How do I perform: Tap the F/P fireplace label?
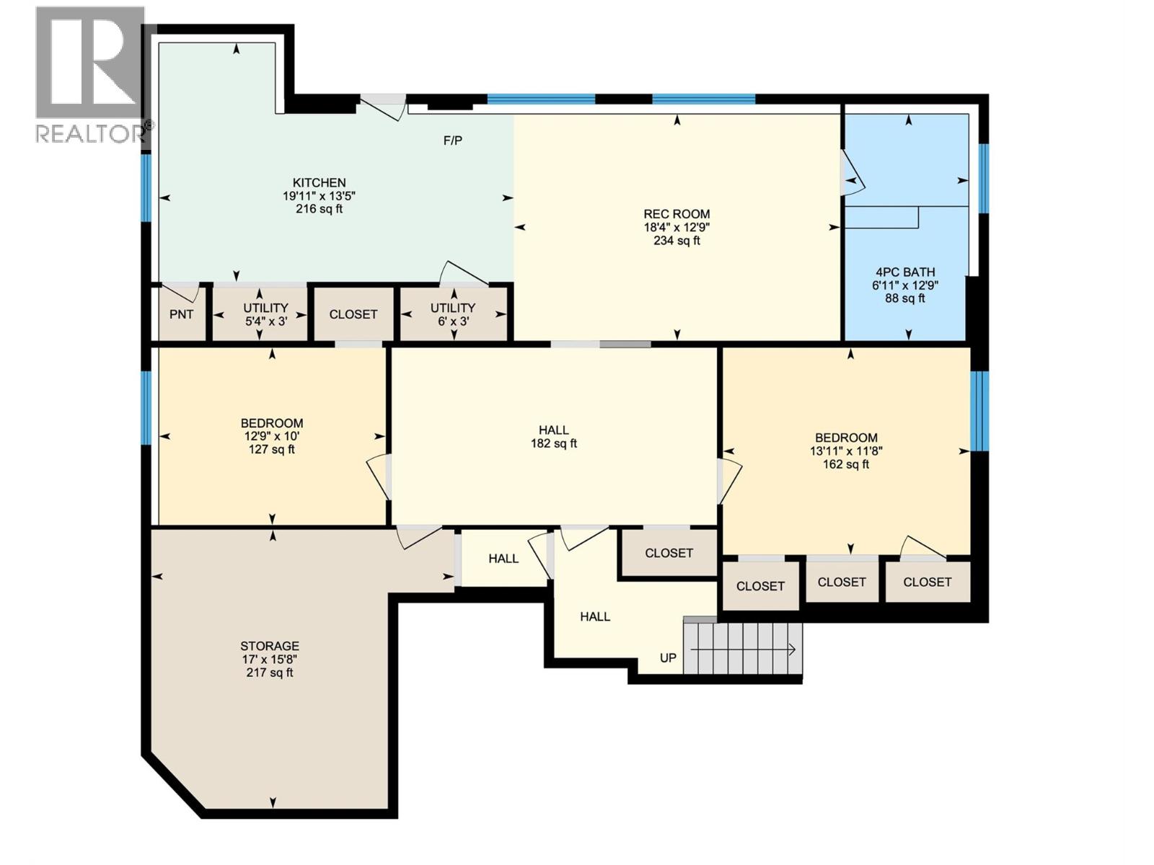(453, 141)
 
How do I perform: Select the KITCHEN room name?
(319, 183)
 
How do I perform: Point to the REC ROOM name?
(677, 214)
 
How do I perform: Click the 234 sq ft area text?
(677, 241)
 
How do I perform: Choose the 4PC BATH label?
(905, 272)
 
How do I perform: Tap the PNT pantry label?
(181, 314)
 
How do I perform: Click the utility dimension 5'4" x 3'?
(266, 321)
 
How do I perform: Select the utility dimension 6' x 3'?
(453, 321)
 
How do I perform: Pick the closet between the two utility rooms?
(353, 314)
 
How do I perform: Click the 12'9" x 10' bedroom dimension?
(272, 436)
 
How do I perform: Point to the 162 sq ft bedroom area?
(846, 465)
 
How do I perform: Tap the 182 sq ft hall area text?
(554, 444)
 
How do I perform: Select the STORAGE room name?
(270, 646)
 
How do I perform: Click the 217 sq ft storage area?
(270, 673)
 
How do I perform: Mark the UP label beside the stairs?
(668, 658)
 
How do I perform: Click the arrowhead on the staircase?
(792, 650)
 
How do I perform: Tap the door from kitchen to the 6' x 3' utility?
(464, 274)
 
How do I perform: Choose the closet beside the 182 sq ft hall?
(669, 553)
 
